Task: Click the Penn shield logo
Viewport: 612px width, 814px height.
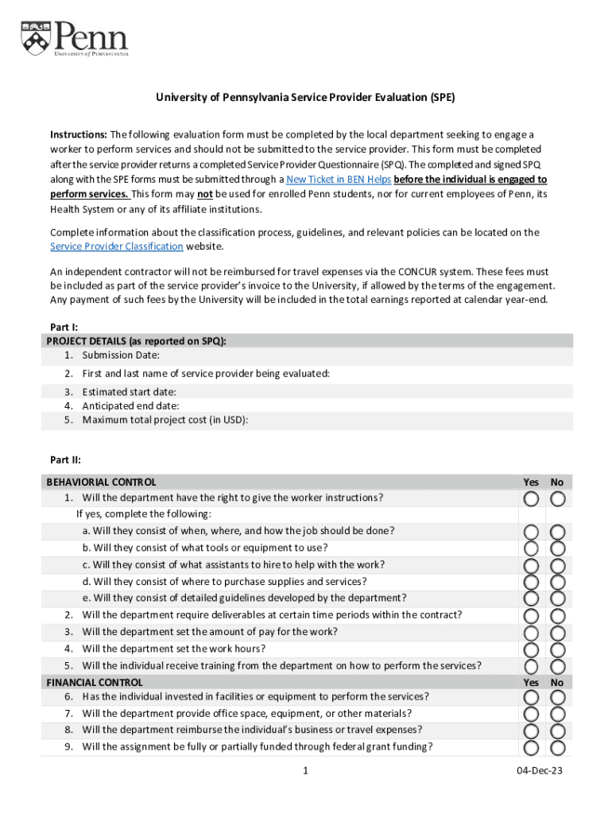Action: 36,37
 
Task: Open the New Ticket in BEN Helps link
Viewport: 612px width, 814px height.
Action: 338,180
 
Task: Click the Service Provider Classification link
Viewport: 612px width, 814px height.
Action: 116,246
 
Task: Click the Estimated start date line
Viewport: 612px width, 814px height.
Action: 129,392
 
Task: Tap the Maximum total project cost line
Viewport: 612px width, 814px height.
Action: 165,420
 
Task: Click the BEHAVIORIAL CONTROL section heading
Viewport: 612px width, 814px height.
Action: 102,482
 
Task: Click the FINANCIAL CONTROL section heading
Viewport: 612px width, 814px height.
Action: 95,682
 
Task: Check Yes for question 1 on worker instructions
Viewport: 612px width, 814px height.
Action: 531,498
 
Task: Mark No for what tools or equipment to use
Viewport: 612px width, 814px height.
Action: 558,548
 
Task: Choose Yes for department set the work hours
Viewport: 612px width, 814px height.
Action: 531,649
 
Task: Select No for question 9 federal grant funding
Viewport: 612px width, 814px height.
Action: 558,747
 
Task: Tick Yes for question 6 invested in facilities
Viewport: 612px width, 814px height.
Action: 531,697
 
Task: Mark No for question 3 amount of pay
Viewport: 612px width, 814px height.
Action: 558,633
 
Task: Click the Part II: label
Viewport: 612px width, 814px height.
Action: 65,459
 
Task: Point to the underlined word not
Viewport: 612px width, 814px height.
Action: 205,195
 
